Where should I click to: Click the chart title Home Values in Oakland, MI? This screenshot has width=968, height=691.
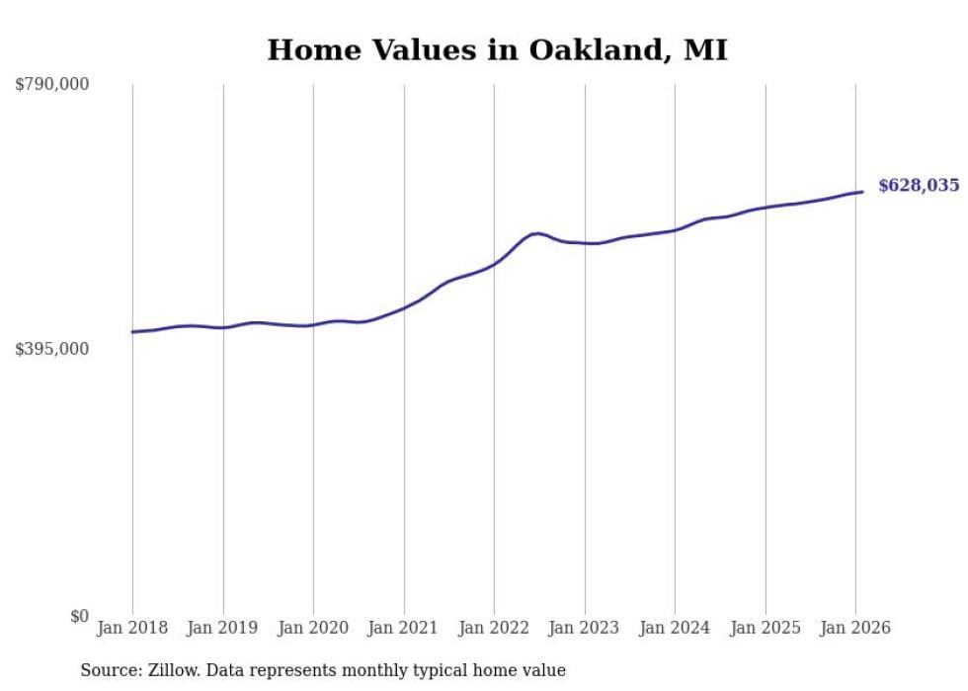tap(497, 50)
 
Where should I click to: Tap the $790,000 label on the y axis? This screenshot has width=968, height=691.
tap(52, 85)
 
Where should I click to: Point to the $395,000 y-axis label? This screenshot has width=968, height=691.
tap(52, 349)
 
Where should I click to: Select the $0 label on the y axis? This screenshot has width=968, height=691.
tap(79, 616)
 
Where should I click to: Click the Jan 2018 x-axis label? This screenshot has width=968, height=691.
tap(132, 628)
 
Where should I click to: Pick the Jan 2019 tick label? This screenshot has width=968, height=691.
tap(223, 628)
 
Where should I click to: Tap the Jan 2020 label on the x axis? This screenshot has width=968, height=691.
tap(313, 628)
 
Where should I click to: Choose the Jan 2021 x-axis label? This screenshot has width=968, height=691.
tap(404, 628)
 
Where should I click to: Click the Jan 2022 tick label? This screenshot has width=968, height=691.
tap(494, 628)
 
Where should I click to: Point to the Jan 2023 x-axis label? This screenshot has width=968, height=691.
tap(585, 628)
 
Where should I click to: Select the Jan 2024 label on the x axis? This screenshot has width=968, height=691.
tap(675, 628)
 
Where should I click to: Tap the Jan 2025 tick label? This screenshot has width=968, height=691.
tap(766, 628)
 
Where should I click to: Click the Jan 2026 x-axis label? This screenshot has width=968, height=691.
tap(855, 628)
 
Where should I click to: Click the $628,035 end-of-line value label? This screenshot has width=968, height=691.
tap(919, 185)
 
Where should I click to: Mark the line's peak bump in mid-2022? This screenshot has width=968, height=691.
tap(535, 233)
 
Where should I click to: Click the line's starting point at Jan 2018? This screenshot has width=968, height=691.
tap(132, 332)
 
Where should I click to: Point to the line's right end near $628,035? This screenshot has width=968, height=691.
tap(862, 192)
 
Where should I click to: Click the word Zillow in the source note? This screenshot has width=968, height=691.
tap(174, 670)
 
